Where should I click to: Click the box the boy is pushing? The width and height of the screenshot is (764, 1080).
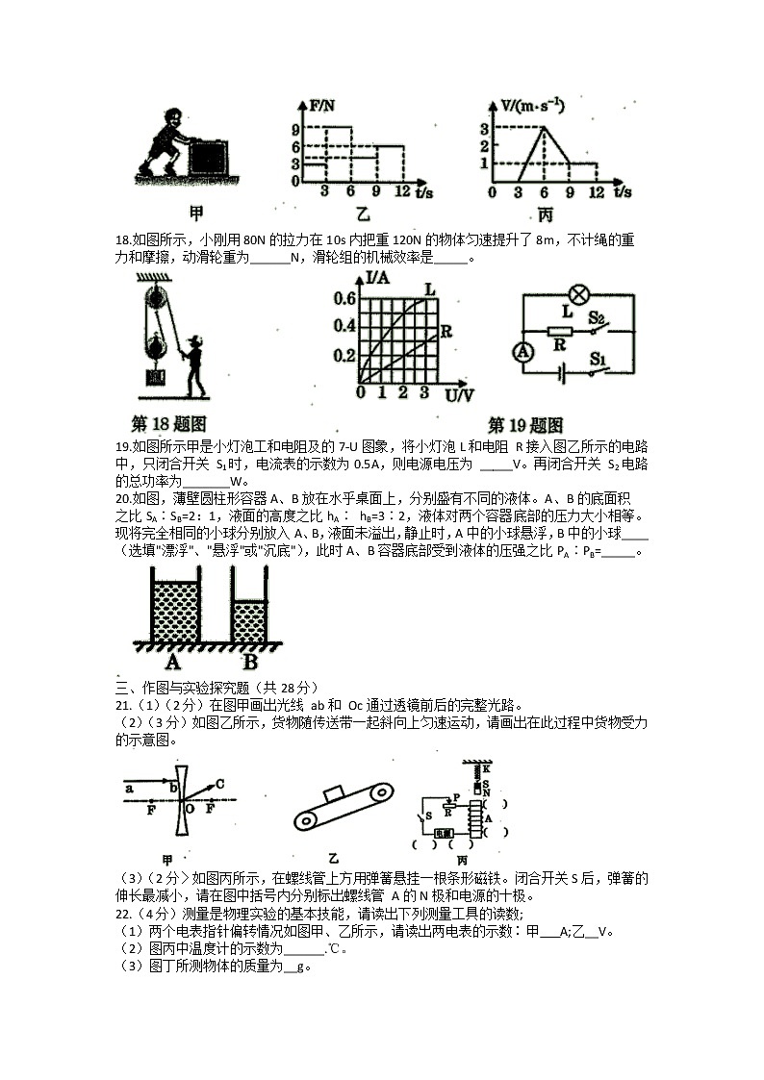208,158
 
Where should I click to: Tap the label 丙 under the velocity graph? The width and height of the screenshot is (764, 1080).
546,214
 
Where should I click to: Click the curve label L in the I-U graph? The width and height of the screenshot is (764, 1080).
429,288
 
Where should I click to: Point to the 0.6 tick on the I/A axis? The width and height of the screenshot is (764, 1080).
344,299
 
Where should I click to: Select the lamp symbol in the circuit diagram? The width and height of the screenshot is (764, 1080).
579,294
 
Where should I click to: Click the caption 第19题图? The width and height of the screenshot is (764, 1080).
525,424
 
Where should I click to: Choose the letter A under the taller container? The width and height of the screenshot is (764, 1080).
173,663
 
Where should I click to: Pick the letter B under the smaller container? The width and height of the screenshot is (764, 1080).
249,663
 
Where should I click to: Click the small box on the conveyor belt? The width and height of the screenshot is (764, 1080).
337,792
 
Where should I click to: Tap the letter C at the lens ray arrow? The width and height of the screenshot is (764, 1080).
219,783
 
